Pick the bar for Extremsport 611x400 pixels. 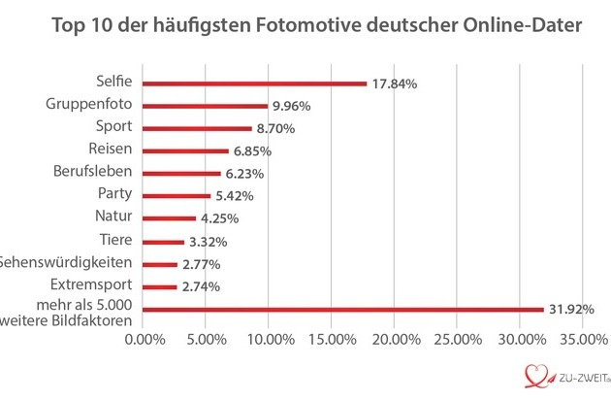(x=160, y=287)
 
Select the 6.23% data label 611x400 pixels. (x=244, y=174)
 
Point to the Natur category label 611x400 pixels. (x=117, y=217)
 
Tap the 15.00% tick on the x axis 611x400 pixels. (x=332, y=339)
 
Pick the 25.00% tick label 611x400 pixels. (x=458, y=339)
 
